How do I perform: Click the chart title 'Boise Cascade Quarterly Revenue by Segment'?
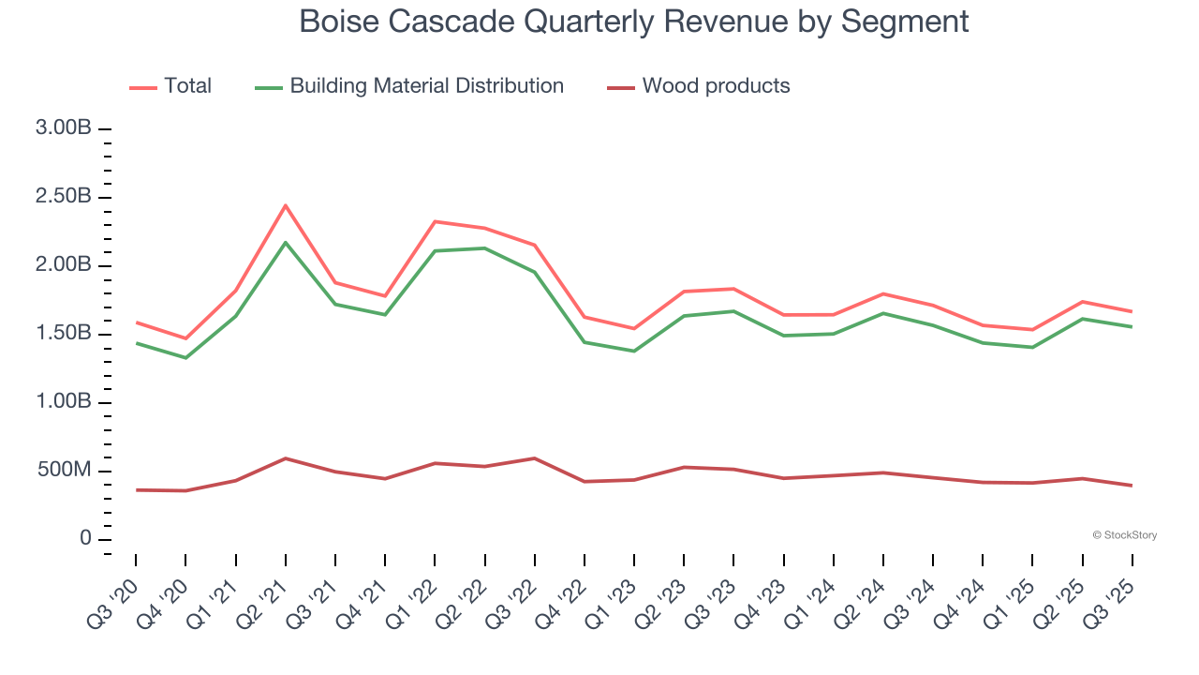tap(633, 21)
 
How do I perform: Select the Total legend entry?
tap(170, 86)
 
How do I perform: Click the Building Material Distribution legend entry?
tap(409, 86)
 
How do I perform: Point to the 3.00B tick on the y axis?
tap(64, 128)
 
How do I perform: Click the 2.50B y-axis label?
tap(64, 197)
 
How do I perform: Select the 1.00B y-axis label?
tap(64, 402)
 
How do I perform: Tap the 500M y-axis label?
tap(64, 471)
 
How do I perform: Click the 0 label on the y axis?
tap(85, 539)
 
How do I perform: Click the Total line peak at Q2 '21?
tap(285, 205)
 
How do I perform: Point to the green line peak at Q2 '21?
tap(285, 243)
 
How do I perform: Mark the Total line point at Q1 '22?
tap(435, 221)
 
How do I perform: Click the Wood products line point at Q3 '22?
tap(534, 458)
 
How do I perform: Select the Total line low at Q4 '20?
tap(185, 338)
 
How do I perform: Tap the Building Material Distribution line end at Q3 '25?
tap(1132, 326)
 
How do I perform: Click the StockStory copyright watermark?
tap(1124, 535)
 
